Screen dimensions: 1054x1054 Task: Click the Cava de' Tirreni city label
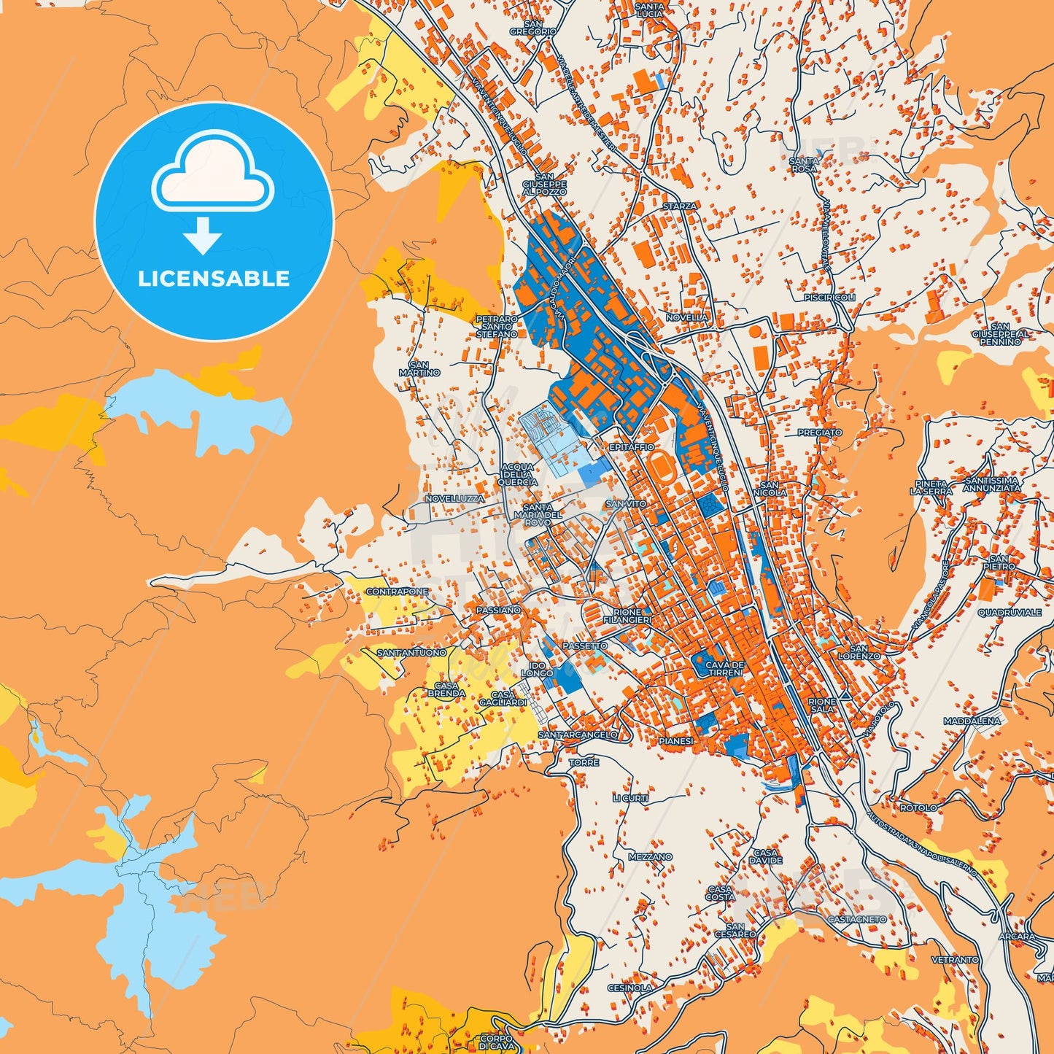724,668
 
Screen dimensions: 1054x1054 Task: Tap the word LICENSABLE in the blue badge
214,279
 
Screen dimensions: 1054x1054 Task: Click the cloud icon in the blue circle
212,171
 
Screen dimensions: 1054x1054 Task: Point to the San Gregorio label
533,28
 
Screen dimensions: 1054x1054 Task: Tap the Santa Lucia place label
649,10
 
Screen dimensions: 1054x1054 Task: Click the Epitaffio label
632,446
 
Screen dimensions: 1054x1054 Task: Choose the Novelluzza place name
454,498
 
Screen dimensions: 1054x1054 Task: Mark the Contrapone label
397,592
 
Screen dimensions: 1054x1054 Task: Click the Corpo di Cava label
496,1042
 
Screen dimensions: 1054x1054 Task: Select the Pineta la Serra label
931,487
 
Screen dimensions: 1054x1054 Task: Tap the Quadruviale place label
1010,612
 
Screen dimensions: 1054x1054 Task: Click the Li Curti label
630,798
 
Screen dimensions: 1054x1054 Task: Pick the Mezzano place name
650,857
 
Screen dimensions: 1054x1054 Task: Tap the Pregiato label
819,433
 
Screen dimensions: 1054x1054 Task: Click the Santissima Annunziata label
991,484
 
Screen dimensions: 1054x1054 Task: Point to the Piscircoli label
829,298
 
